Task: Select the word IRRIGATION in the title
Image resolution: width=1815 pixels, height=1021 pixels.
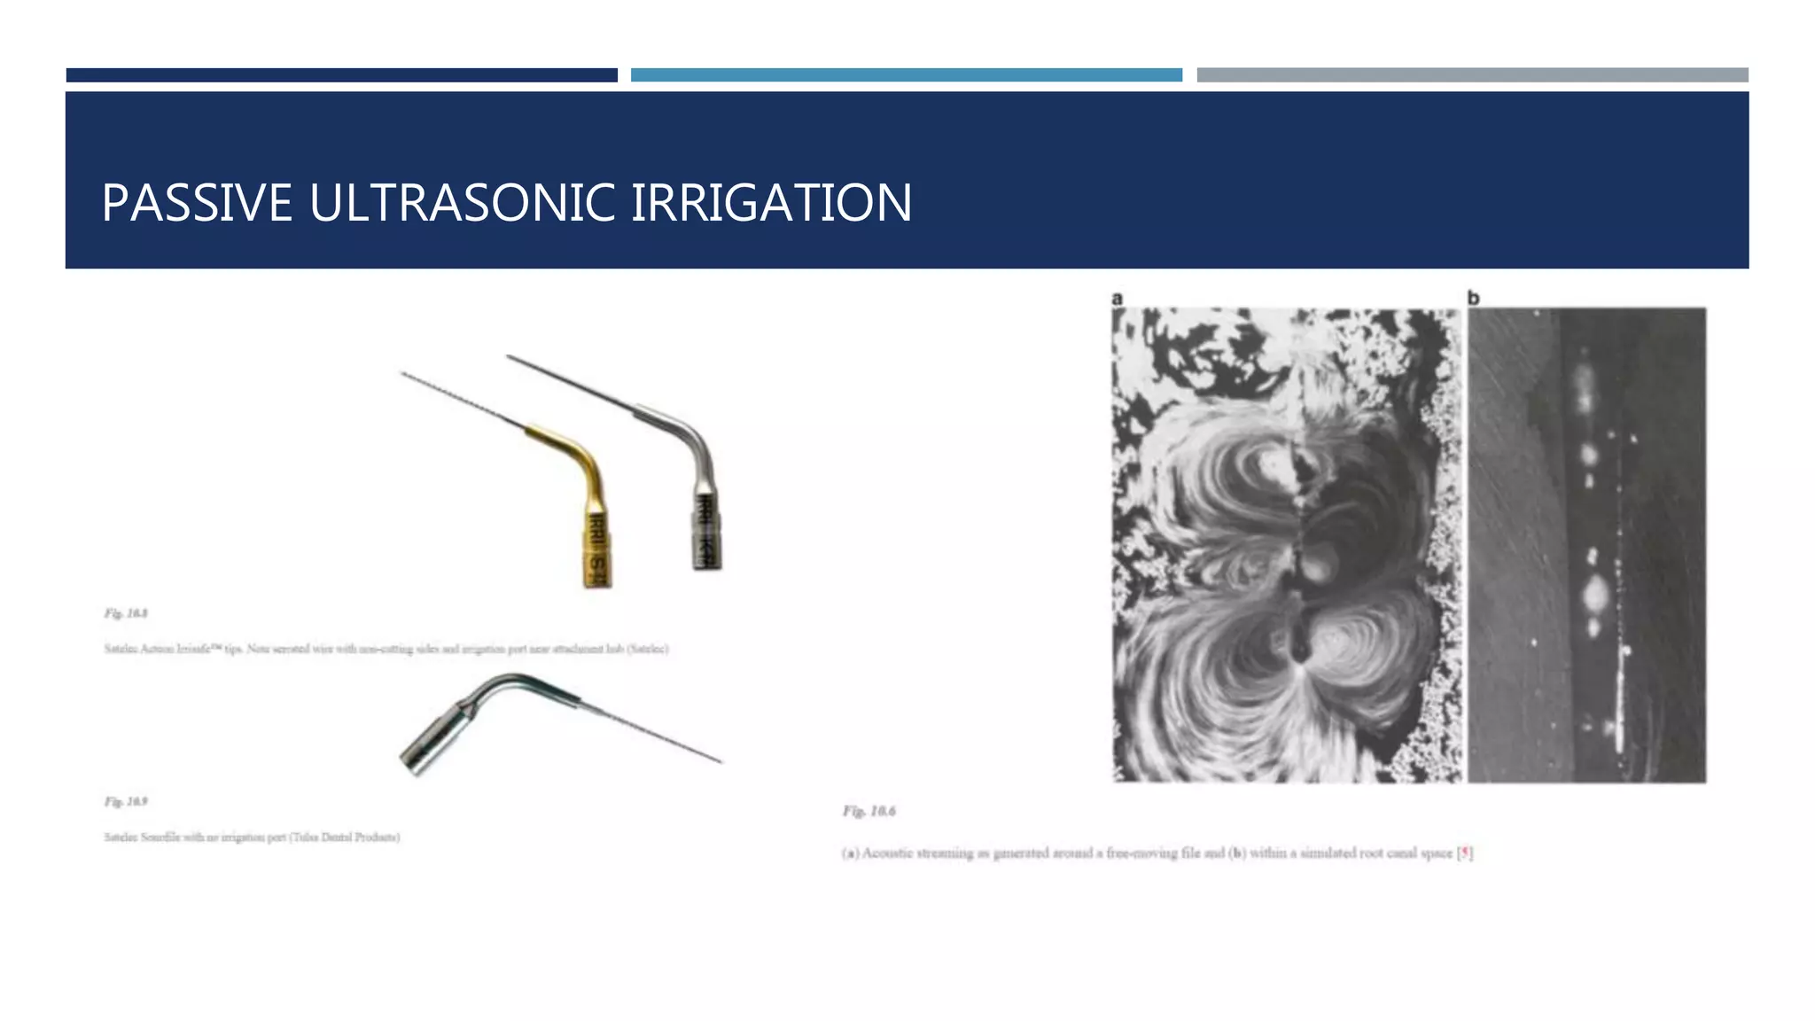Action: pos(771,203)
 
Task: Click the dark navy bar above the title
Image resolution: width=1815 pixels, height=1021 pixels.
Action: pos(341,75)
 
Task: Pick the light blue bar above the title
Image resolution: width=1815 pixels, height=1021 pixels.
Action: pos(906,75)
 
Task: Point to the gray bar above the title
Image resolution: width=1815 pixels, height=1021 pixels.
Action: pos(1472,75)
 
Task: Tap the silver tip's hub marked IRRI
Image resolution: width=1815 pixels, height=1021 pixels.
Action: pos(706,532)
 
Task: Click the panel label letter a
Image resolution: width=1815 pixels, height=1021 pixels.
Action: pos(1118,299)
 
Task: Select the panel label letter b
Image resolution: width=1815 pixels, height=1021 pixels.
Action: pos(1473,299)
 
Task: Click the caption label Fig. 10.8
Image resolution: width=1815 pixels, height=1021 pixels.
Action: pos(126,613)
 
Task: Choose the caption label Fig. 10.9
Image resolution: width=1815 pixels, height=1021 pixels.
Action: pos(126,802)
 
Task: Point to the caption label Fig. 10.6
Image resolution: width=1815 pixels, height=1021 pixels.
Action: pos(869,811)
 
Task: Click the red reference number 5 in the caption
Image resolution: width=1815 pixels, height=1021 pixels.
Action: pos(1465,853)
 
